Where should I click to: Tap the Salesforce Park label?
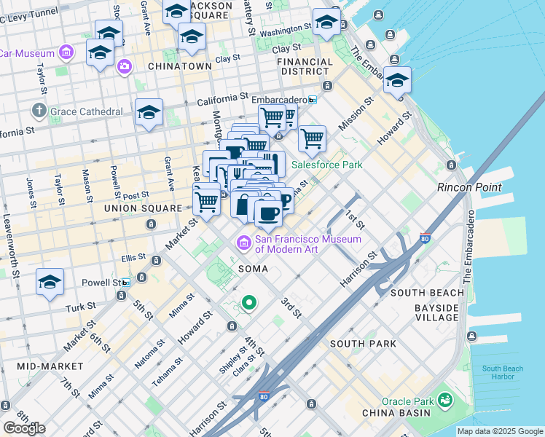(x=326, y=165)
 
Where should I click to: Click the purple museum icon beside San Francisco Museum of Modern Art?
(x=243, y=241)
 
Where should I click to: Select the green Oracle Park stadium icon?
(x=444, y=399)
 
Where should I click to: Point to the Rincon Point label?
(x=469, y=187)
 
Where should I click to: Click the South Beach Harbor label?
(x=502, y=372)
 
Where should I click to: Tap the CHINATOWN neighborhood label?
(x=179, y=66)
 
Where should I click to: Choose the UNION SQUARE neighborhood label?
(x=142, y=208)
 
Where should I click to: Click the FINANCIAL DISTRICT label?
(x=313, y=66)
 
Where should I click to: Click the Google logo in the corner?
(x=24, y=428)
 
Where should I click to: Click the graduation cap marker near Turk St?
(x=50, y=283)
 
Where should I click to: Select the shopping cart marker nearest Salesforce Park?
(x=312, y=138)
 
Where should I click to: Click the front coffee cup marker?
(x=268, y=212)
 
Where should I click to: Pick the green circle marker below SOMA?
(x=248, y=302)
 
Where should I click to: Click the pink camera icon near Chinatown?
(x=125, y=66)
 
